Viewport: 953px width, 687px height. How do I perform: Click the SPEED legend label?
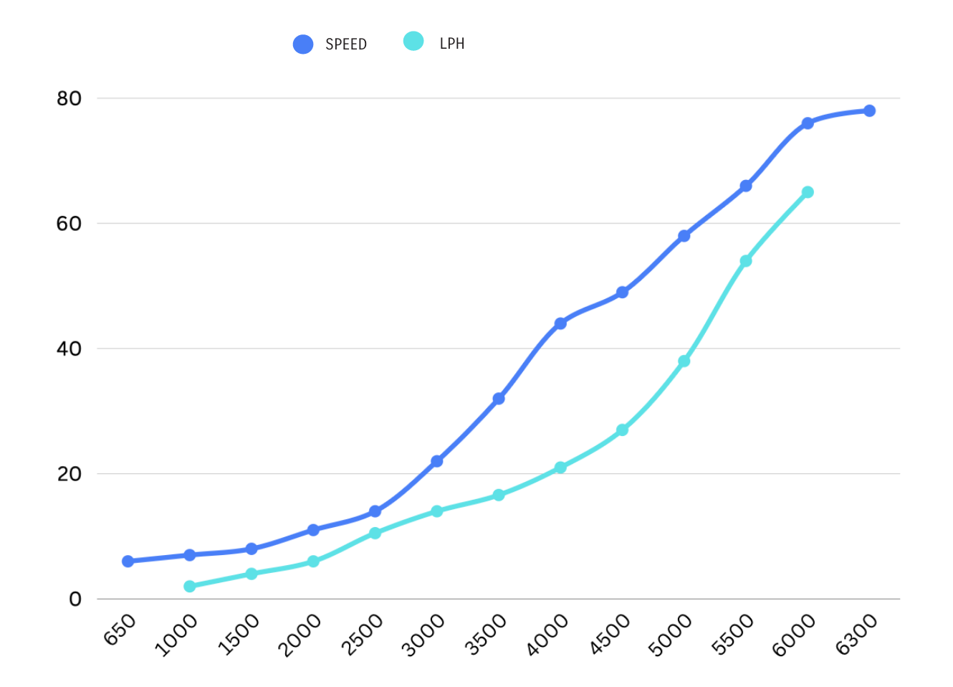tap(345, 44)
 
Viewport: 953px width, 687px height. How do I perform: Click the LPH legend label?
tap(451, 44)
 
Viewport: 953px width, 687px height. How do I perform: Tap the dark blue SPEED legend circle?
tap(303, 44)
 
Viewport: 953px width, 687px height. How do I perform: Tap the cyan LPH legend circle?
tap(413, 42)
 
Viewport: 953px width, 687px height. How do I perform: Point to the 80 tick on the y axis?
tap(70, 98)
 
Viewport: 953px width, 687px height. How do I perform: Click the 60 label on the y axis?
tap(70, 224)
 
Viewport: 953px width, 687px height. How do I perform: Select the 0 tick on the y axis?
tap(75, 599)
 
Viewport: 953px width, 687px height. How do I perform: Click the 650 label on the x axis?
tap(120, 630)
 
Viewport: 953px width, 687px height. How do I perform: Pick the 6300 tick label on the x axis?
tap(856, 635)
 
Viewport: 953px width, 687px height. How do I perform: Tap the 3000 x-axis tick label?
tap(423, 635)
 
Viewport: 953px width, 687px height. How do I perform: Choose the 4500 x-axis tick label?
tap(610, 635)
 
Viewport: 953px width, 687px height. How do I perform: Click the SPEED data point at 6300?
tap(869, 110)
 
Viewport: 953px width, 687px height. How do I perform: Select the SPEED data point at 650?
tap(128, 561)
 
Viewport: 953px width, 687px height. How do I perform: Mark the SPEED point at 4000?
tap(560, 323)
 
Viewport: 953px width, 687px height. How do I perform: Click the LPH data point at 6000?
tap(808, 192)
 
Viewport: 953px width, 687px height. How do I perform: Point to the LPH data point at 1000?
tap(190, 587)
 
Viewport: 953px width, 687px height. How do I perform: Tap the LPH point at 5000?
tap(684, 361)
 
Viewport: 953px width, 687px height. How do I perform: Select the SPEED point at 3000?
tap(436, 461)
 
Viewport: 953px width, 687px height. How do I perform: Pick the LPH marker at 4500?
tap(622, 430)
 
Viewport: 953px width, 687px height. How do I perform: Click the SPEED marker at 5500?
tap(746, 186)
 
